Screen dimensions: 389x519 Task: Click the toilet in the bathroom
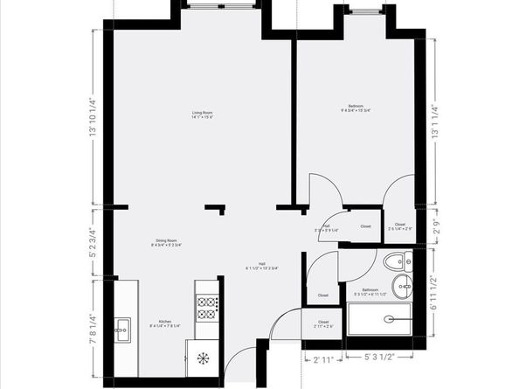click(398, 260)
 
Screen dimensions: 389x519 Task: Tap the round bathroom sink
click(403, 283)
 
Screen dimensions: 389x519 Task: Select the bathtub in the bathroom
click(384, 321)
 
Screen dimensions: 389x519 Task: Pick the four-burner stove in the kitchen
click(208, 307)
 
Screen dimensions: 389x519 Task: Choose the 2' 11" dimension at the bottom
click(323, 358)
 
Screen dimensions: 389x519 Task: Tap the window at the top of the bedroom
click(362, 10)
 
